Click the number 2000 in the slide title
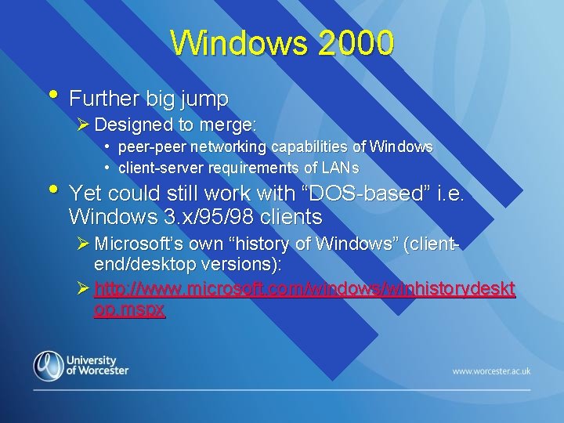click(352, 44)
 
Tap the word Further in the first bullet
click(100, 99)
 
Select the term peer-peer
click(146, 147)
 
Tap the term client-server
click(156, 168)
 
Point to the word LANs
click(339, 168)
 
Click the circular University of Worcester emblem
click(48, 366)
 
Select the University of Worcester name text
click(97, 365)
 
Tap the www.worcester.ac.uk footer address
click(491, 371)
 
